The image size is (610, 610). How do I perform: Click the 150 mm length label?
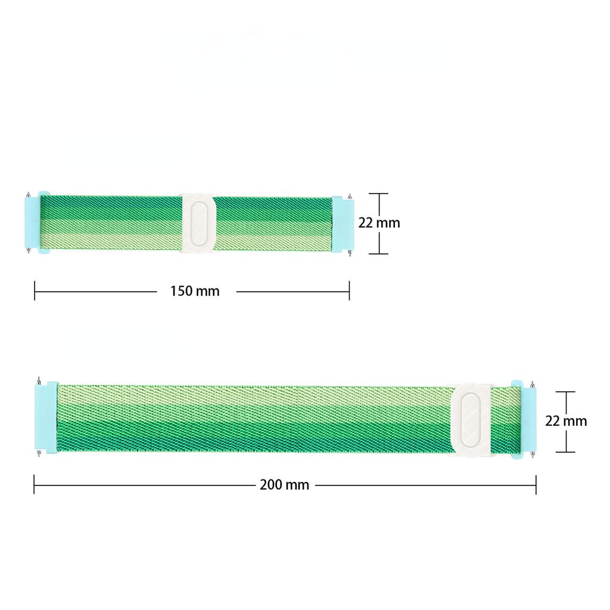195,291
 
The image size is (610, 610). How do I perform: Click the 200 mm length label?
284,485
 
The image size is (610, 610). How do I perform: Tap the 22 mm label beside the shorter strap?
379,223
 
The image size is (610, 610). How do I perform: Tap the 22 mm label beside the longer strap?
566,421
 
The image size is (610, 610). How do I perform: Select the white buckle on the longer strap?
471,420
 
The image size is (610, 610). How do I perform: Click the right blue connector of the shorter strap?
343,224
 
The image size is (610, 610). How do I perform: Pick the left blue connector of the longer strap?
46,418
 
